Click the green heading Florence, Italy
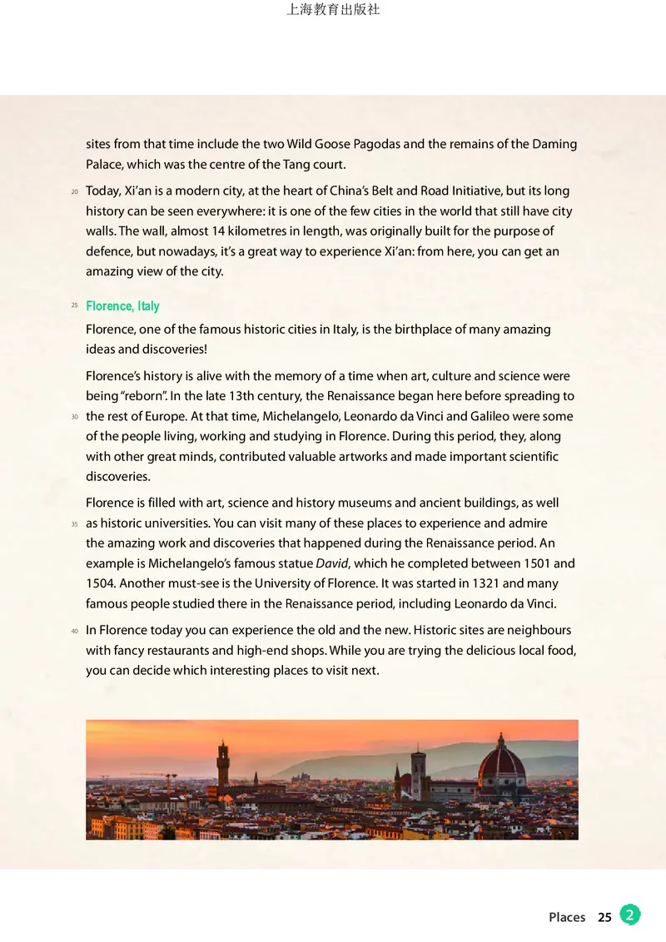[122, 306]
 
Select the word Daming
[554, 144]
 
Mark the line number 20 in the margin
[74, 192]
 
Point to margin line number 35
[74, 524]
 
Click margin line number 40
[74, 631]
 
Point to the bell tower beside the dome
[417, 772]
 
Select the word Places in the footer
[567, 917]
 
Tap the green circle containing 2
[630, 915]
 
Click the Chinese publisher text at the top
[333, 10]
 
